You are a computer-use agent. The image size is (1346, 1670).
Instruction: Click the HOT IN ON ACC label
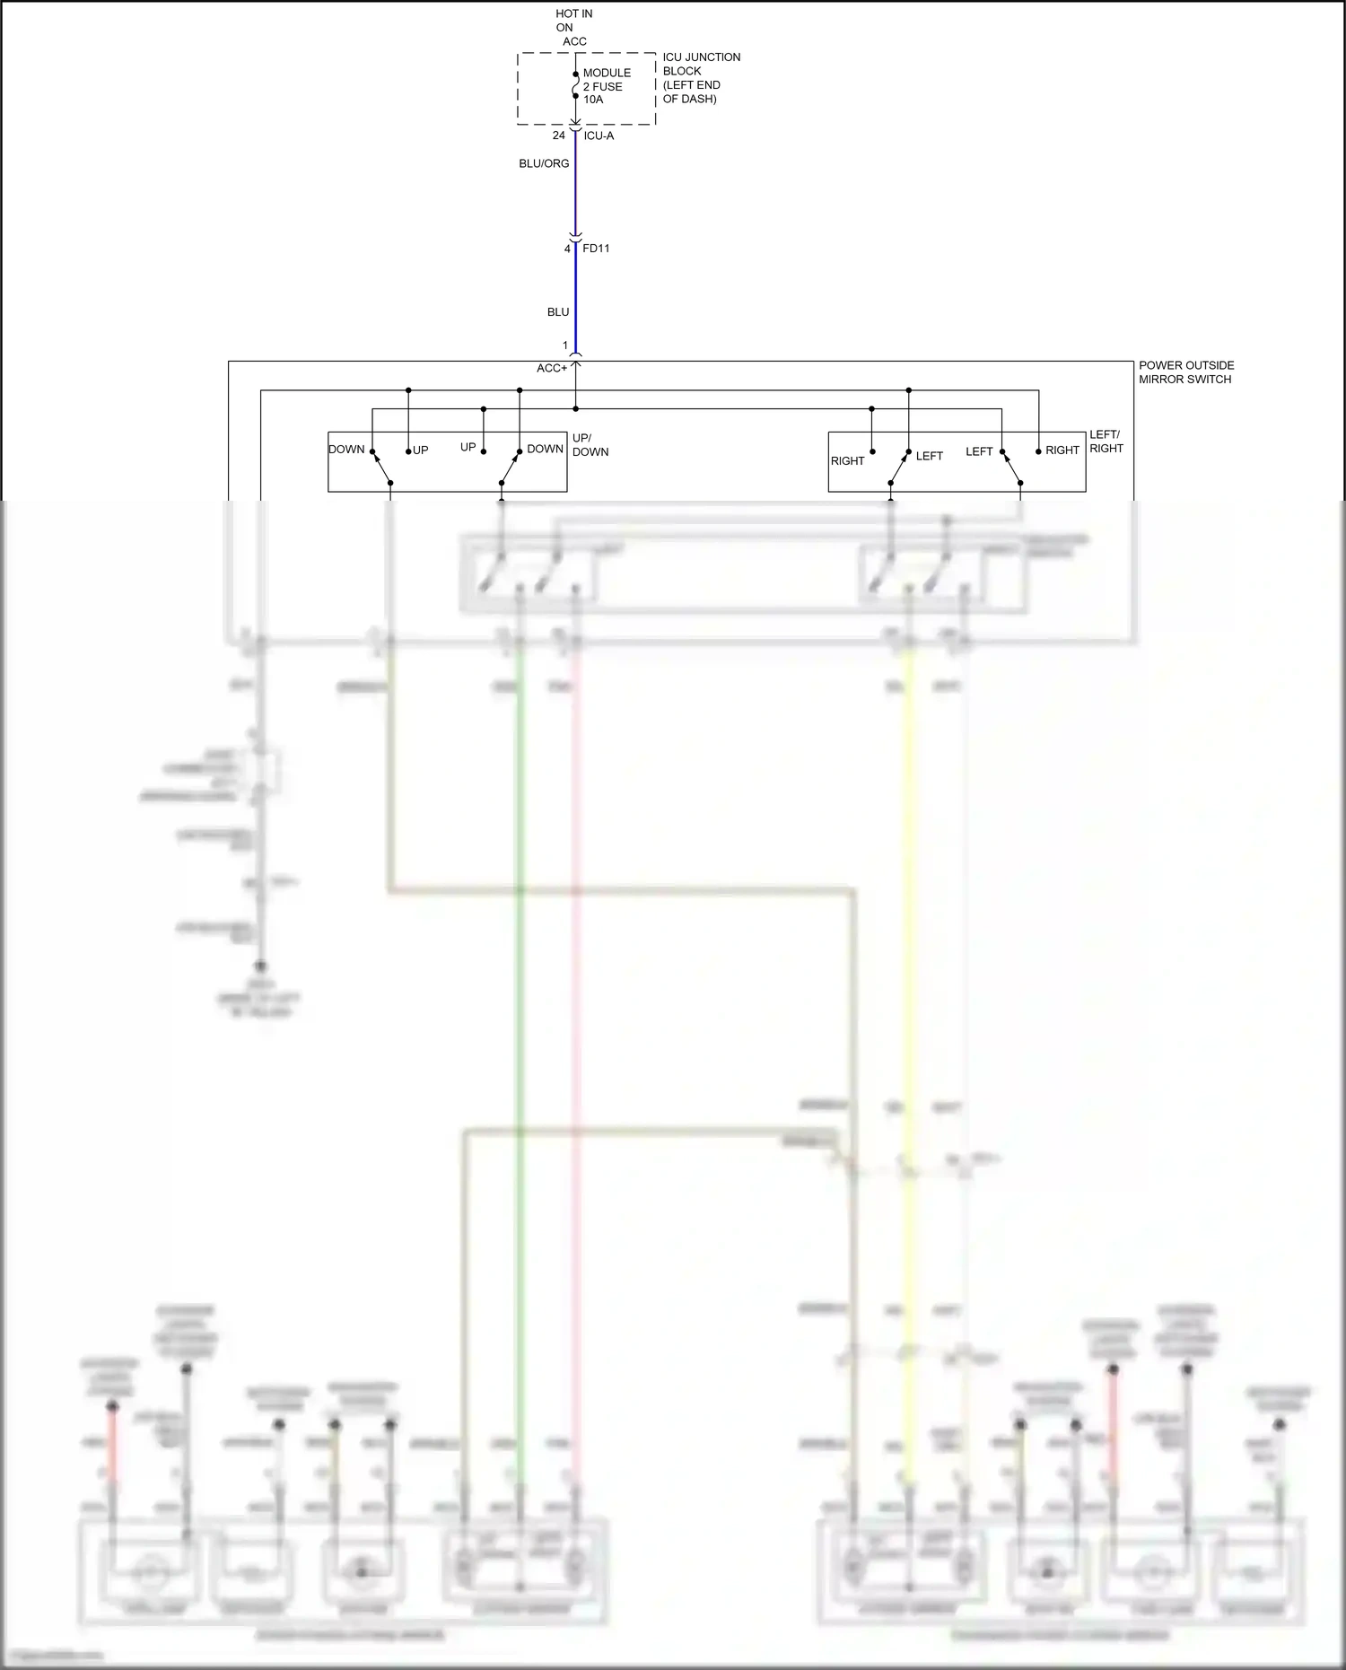click(573, 28)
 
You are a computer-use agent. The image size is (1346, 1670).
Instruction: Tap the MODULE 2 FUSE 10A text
click(606, 86)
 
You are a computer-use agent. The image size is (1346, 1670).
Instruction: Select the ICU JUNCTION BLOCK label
click(701, 78)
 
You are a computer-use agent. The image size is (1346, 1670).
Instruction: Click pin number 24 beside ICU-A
click(558, 136)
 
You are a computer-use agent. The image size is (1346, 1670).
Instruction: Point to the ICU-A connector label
click(599, 136)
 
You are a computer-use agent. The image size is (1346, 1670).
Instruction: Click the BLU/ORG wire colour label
click(544, 163)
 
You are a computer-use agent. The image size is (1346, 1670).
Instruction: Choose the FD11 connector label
click(596, 248)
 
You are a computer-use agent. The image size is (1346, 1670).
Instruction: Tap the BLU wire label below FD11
click(558, 312)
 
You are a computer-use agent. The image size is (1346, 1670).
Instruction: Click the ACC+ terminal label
click(552, 368)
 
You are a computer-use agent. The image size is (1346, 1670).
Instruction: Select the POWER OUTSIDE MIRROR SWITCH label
click(1185, 372)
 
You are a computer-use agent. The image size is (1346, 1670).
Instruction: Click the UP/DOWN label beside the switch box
click(590, 445)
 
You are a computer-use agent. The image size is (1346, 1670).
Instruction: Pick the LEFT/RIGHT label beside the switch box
click(1106, 442)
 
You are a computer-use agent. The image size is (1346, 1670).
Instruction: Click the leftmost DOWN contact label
click(346, 449)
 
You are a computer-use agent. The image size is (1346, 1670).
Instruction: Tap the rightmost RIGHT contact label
click(1062, 450)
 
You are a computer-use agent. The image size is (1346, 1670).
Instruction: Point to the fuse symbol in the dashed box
click(576, 87)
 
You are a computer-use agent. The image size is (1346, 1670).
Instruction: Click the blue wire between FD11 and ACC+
click(575, 296)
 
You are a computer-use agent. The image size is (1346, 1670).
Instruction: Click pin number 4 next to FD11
click(567, 249)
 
